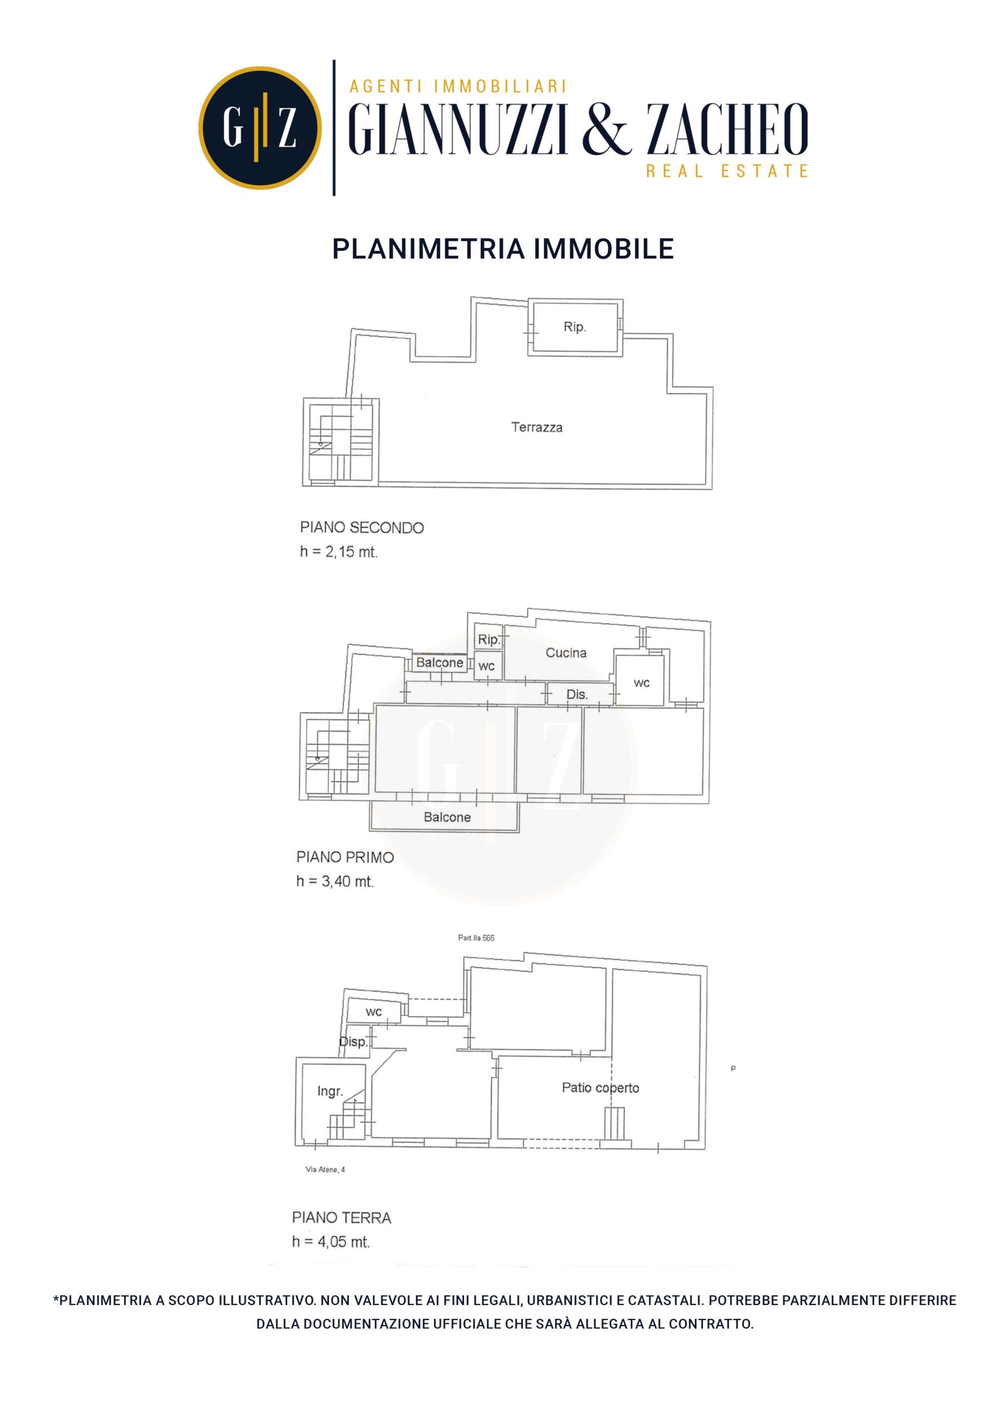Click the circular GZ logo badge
pyautogui.click(x=260, y=128)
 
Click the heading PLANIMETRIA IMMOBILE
pyautogui.click(x=502, y=249)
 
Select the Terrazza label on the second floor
pyautogui.click(x=537, y=427)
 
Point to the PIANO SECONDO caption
pyautogui.click(x=362, y=528)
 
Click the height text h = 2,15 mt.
pyautogui.click(x=338, y=552)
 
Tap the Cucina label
pyautogui.click(x=566, y=652)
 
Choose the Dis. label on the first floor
pyautogui.click(x=577, y=695)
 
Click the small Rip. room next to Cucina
pyautogui.click(x=489, y=640)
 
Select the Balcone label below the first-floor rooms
pyautogui.click(x=447, y=818)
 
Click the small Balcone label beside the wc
pyautogui.click(x=440, y=662)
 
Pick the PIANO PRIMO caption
pyautogui.click(x=345, y=857)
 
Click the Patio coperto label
pyautogui.click(x=600, y=1087)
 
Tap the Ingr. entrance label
pyautogui.click(x=330, y=1091)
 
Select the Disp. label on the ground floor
pyautogui.click(x=353, y=1042)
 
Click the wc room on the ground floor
pyautogui.click(x=373, y=1012)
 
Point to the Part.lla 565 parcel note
pyautogui.click(x=476, y=938)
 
